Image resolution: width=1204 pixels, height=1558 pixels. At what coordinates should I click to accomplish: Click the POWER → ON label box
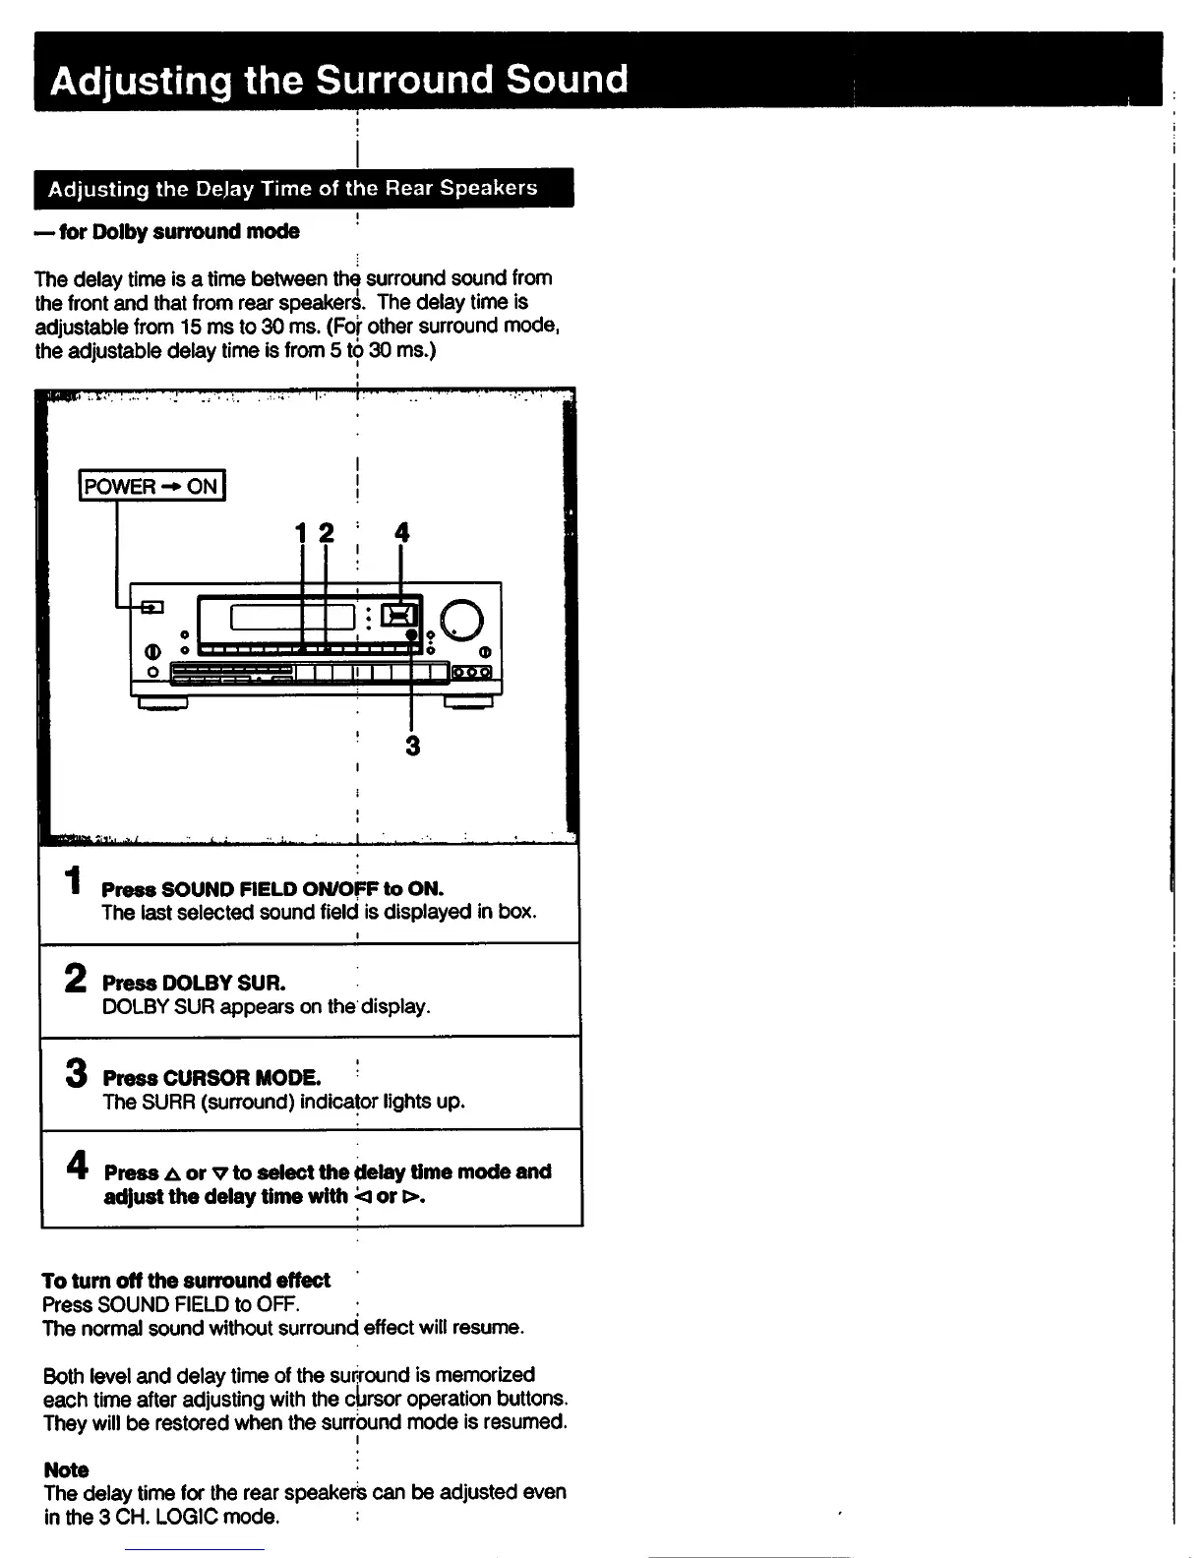pyautogui.click(x=151, y=486)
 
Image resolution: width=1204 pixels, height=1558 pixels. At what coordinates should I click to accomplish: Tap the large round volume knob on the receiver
pyautogui.click(x=463, y=619)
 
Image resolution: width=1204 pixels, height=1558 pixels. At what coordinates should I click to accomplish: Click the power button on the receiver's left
pyautogui.click(x=151, y=607)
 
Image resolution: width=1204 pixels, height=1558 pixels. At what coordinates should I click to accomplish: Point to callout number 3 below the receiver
pyautogui.click(x=412, y=747)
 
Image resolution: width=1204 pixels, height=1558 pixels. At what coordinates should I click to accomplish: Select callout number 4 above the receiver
pyautogui.click(x=400, y=533)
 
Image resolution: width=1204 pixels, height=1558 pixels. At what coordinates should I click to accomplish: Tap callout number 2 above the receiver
pyautogui.click(x=326, y=533)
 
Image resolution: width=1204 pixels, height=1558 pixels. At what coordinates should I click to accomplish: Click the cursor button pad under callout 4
pyautogui.click(x=399, y=616)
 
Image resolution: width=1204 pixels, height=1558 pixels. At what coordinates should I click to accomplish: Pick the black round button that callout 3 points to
pyautogui.click(x=412, y=635)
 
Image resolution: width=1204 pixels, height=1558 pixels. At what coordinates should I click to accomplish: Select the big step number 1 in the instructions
pyautogui.click(x=72, y=880)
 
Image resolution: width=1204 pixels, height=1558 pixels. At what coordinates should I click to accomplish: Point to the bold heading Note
pyautogui.click(x=66, y=1469)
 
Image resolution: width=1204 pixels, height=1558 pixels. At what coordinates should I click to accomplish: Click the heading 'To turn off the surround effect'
pyautogui.click(x=186, y=1280)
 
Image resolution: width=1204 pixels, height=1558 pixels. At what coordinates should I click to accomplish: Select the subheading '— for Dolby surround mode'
pyautogui.click(x=167, y=232)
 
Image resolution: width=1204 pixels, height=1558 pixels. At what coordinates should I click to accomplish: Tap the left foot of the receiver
pyautogui.click(x=162, y=702)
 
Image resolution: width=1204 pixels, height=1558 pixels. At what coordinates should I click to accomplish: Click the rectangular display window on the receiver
pyautogui.click(x=292, y=617)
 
